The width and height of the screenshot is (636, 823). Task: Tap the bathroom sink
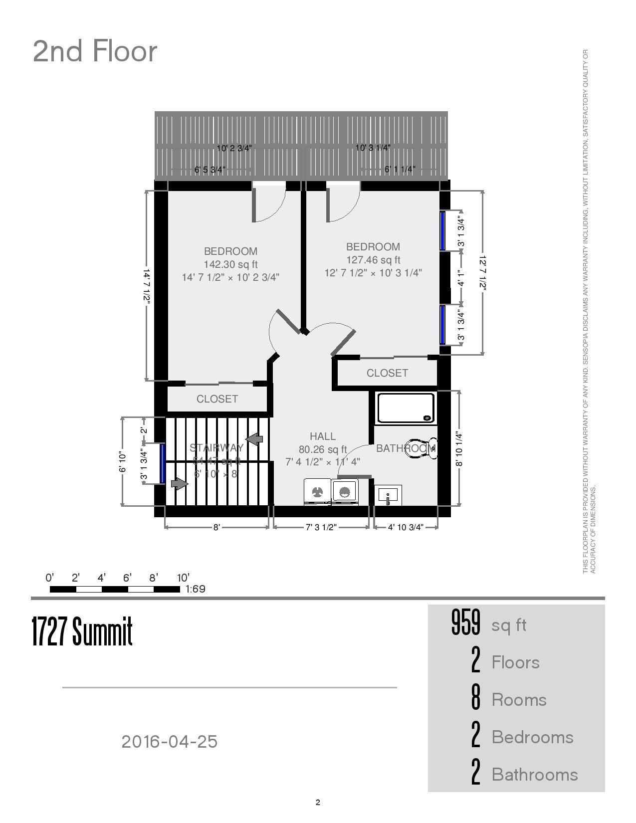click(x=388, y=495)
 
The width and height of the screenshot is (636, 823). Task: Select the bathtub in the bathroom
click(x=406, y=408)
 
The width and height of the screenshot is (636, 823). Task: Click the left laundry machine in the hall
click(x=317, y=492)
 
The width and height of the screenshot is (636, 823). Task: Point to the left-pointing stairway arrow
click(x=255, y=439)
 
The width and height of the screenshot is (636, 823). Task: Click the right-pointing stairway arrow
click(x=179, y=483)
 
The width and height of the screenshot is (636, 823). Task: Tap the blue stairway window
click(x=163, y=463)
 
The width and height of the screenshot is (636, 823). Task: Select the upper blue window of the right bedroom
click(x=442, y=231)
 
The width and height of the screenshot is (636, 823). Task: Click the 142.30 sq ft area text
click(x=230, y=264)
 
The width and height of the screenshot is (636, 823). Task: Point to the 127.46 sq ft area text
click(x=373, y=260)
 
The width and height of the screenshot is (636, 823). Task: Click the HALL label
click(x=323, y=436)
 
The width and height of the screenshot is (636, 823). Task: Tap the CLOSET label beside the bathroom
click(x=387, y=373)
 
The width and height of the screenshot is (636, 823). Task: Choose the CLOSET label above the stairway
click(x=217, y=399)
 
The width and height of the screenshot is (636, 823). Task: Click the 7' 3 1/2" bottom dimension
click(x=321, y=527)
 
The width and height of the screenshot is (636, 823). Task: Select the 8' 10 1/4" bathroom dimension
click(x=459, y=449)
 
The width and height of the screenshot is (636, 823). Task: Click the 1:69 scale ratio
click(x=195, y=589)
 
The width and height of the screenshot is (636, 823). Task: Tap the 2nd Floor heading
click(x=95, y=51)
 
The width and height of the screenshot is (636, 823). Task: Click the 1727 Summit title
click(x=82, y=631)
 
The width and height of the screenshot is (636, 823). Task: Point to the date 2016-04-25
click(x=170, y=742)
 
